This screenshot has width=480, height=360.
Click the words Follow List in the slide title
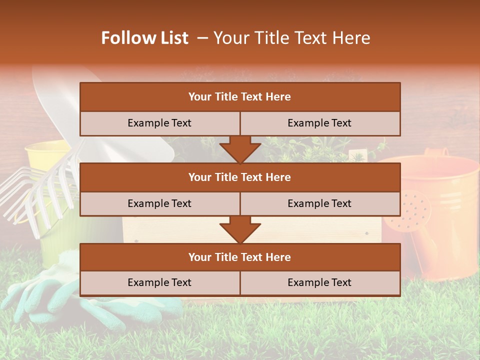tap(145, 38)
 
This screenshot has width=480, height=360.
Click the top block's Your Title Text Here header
tap(239, 97)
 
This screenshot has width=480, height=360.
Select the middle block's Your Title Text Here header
tap(239, 177)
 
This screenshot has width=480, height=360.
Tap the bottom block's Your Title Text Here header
tap(239, 257)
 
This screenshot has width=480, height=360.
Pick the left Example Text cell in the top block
tap(159, 123)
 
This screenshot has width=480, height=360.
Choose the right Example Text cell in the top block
tap(319, 123)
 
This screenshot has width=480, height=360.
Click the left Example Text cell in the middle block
tap(159, 203)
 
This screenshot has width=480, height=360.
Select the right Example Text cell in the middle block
tap(319, 203)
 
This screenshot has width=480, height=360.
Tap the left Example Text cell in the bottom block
tap(159, 282)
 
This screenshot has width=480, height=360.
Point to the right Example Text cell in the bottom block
tap(319, 282)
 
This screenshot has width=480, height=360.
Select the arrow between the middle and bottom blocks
tap(240, 230)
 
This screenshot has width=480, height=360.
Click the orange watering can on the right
tap(440, 210)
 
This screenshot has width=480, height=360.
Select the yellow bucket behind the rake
tap(47, 155)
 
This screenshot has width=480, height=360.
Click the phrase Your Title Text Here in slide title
tap(292, 38)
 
